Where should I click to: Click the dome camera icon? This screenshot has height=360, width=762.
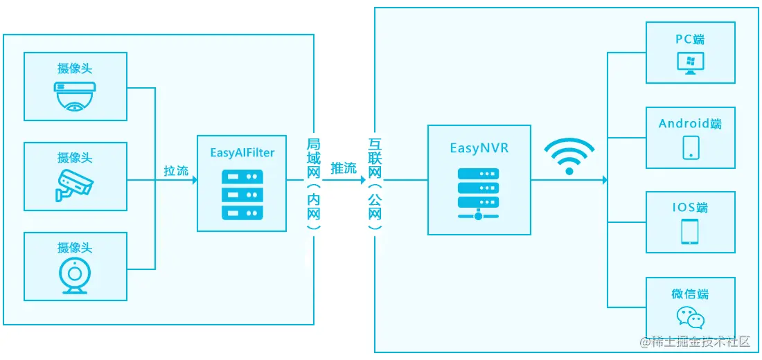75,96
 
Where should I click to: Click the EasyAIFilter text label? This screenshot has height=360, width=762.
242,152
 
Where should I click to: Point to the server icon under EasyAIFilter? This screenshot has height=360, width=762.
242,195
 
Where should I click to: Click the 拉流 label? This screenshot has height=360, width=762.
176,170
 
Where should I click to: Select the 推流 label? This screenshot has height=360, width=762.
344,168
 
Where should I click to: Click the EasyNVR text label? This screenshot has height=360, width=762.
479,148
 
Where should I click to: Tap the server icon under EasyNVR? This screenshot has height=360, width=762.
479,193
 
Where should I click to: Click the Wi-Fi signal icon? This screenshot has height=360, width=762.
569,156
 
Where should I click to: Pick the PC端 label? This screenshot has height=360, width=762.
690,39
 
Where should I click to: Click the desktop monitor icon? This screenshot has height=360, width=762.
690,64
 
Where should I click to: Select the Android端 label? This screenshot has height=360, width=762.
690,124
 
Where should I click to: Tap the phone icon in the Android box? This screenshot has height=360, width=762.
690,147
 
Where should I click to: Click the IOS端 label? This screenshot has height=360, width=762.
690,208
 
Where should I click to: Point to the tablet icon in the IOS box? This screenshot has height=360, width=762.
690,231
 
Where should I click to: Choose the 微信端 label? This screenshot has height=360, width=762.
690,294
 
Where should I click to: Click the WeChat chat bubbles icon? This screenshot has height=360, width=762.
690,317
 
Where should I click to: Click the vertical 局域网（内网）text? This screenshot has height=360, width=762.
314,183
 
